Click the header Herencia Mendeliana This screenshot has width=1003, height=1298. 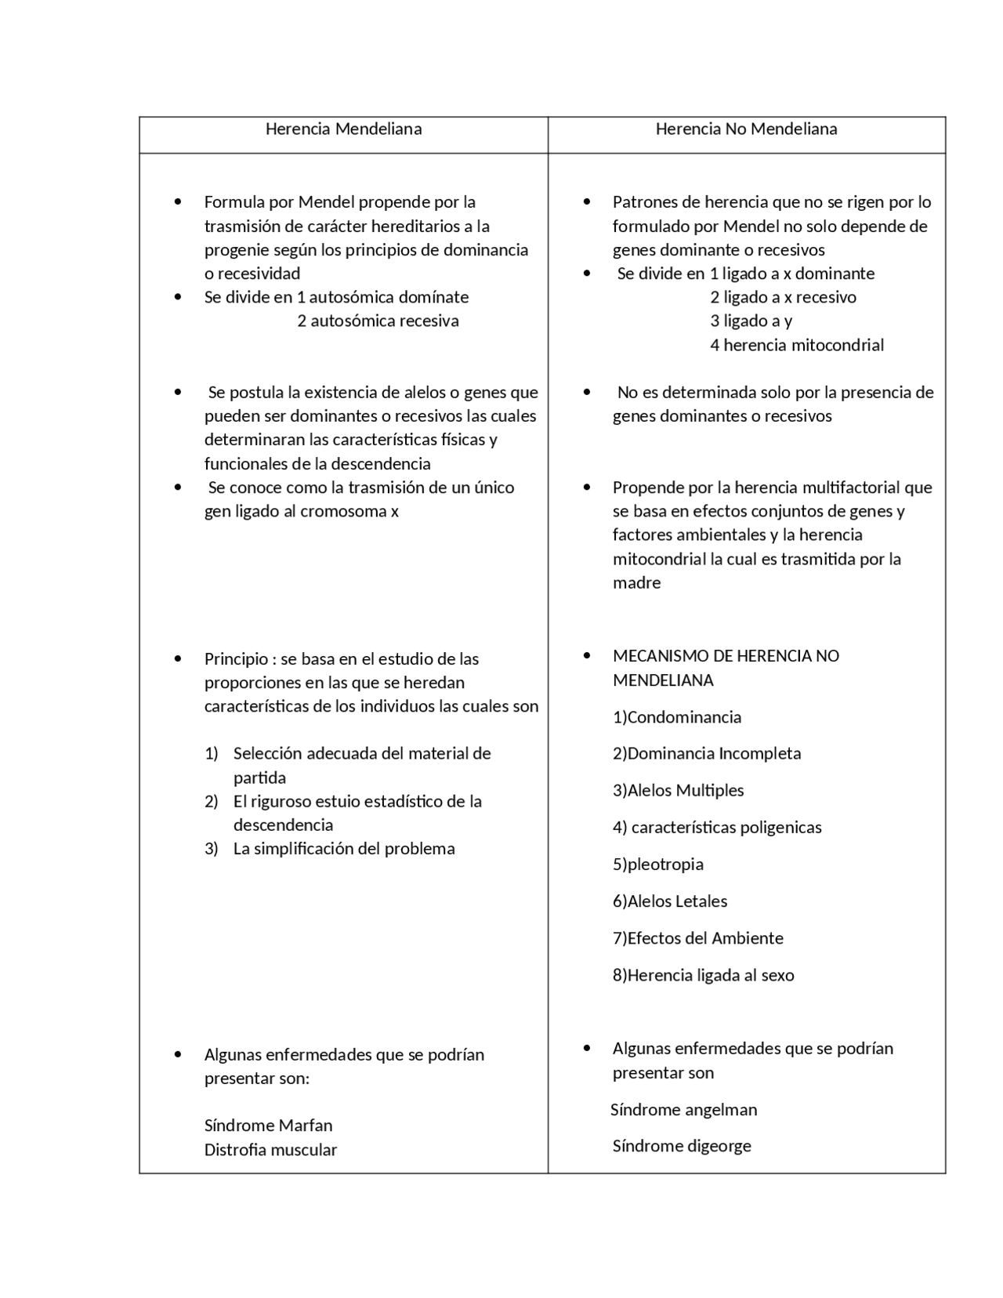343,129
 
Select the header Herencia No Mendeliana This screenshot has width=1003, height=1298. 746,129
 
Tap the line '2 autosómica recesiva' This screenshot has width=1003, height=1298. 378,321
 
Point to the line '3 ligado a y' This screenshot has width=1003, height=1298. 751,321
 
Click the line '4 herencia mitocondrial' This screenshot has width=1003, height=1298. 796,345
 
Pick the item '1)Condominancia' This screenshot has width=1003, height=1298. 676,717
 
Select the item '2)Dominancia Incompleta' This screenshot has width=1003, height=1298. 706,753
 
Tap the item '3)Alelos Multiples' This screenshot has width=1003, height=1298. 678,790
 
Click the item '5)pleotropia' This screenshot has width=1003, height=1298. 657,865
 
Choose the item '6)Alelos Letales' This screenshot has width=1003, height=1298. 669,901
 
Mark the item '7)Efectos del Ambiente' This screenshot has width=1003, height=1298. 697,938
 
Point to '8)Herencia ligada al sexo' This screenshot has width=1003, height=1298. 703,975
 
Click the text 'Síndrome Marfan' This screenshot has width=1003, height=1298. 268,1126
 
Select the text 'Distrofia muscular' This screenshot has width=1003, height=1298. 270,1150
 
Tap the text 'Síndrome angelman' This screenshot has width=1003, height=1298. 683,1110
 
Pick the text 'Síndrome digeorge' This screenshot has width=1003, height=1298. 682,1146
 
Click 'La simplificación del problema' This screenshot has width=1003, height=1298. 343,849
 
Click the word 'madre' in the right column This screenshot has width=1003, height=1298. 636,582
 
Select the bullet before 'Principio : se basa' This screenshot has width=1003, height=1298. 178,659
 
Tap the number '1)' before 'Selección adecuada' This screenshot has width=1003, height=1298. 211,754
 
